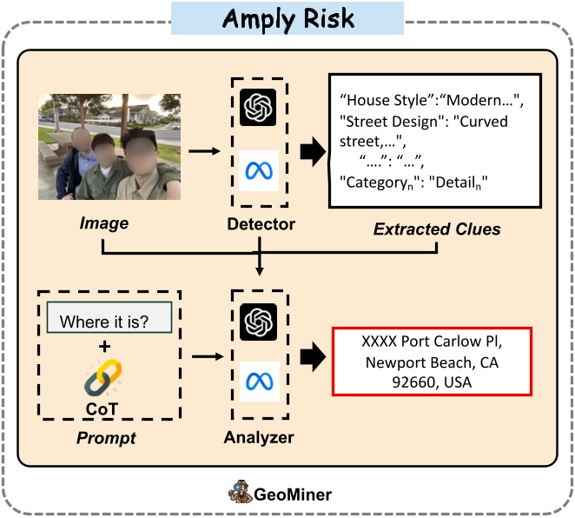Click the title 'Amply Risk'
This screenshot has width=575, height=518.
coord(287,18)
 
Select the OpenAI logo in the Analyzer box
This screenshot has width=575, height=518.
coord(258,323)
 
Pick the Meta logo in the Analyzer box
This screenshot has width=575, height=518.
coord(258,382)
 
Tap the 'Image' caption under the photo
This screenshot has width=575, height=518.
coord(103,223)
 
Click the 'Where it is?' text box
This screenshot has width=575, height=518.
coord(103,322)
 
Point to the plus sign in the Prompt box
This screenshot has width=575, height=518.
coord(104,347)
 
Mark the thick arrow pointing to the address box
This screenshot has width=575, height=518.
coord(311,355)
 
